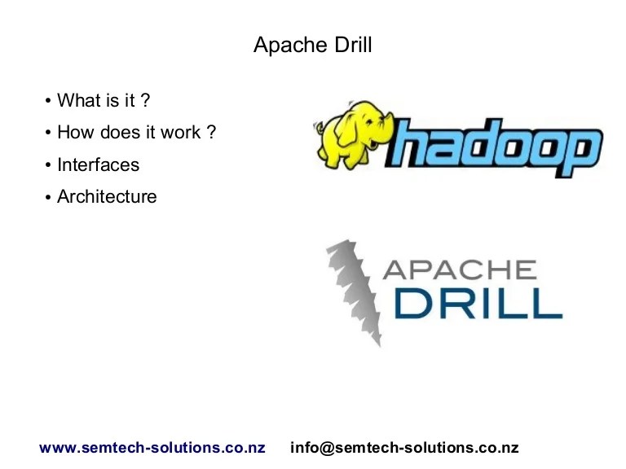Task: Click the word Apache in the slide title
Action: tap(285, 45)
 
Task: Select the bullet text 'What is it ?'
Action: tap(104, 100)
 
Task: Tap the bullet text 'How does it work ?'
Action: tap(136, 132)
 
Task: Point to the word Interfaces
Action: tap(98, 164)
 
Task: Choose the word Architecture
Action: tap(107, 196)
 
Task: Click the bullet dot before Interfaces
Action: tap(49, 165)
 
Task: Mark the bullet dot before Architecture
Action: tap(49, 197)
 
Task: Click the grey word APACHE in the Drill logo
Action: tap(458, 270)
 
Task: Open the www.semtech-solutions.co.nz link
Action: tap(152, 448)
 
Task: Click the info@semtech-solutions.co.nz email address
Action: tap(404, 448)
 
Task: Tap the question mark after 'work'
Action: tap(212, 132)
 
